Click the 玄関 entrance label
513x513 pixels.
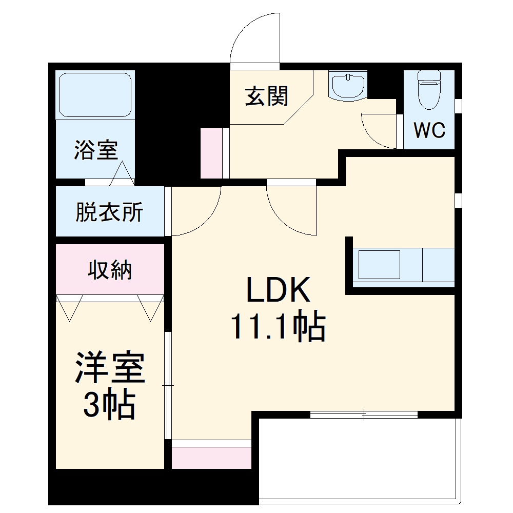point(266,96)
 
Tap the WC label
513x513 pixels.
point(429,131)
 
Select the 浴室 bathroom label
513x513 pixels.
point(96,150)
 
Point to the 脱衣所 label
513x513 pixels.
point(109,212)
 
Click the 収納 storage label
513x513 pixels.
point(110,270)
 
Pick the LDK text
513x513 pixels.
point(278,291)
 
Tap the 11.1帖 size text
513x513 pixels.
point(278,327)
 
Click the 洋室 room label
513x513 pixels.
point(110,368)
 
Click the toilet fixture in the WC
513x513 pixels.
point(429,90)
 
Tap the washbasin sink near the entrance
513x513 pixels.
point(348,85)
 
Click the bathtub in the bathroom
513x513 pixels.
point(95,95)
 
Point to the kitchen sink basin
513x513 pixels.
point(379,264)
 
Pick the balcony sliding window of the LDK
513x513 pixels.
point(364,414)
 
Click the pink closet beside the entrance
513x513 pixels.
point(211,153)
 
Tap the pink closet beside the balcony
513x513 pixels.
point(211,458)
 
